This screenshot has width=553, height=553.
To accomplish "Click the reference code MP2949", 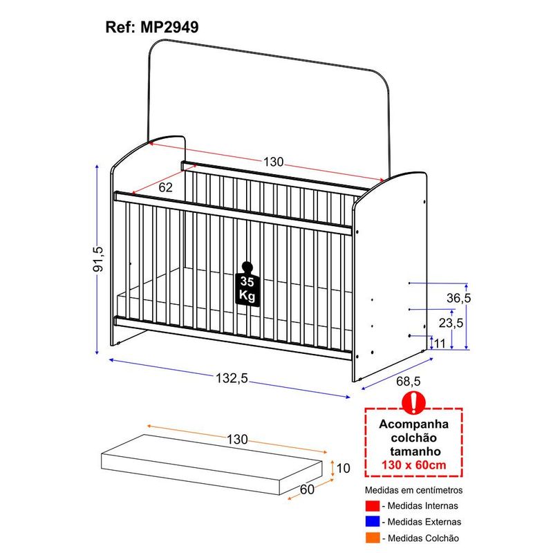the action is tap(169, 27).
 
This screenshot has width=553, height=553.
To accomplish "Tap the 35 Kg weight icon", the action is tap(247, 284).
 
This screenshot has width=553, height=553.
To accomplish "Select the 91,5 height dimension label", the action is tap(98, 259).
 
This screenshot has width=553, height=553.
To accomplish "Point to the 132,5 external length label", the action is tap(232, 378).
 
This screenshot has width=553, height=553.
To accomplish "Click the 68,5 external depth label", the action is tap(409, 381).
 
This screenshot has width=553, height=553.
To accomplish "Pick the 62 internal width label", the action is tap(165, 187).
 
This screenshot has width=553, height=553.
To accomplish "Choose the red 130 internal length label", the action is tap(273, 162).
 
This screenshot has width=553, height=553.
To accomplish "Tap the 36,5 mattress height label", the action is tap(458, 298).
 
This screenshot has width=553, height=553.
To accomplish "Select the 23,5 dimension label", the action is tap(451, 323).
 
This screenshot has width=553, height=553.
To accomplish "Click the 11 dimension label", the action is tap(440, 343).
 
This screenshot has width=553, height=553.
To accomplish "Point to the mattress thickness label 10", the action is tap(343, 469).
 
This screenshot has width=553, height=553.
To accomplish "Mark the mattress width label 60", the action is tap(307, 489).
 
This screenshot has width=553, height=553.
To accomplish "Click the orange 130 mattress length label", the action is tap(237, 440).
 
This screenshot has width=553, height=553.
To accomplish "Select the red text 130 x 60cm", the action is tap(413, 465).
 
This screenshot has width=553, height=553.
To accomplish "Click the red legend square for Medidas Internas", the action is tap(373, 506).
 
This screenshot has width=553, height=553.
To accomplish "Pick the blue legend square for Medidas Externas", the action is tap(373, 522).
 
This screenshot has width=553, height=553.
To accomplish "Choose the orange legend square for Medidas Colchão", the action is tap(373, 538).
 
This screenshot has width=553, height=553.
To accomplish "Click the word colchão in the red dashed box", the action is tap(413, 438).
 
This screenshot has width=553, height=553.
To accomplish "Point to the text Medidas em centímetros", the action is tap(413, 490).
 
